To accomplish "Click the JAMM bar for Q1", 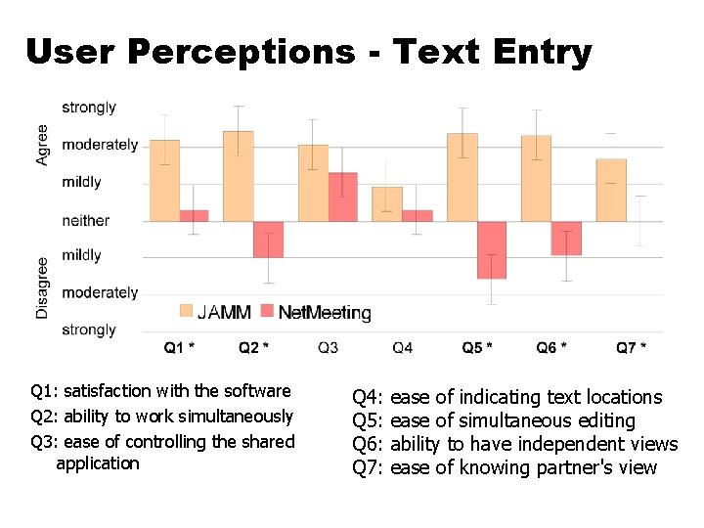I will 164,180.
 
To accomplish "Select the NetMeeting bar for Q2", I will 268,240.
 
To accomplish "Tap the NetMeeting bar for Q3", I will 342,197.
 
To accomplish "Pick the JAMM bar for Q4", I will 387,203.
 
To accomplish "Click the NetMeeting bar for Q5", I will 492,250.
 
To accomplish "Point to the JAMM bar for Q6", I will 536,178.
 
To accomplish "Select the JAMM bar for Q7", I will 611,190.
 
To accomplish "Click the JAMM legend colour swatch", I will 186,311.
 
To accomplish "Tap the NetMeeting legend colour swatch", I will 264,311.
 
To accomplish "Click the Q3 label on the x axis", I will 329,347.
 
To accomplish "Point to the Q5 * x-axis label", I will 477,347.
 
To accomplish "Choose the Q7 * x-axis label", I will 631,347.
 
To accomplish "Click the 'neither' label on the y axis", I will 86,221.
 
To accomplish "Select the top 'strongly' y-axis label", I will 89,108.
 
